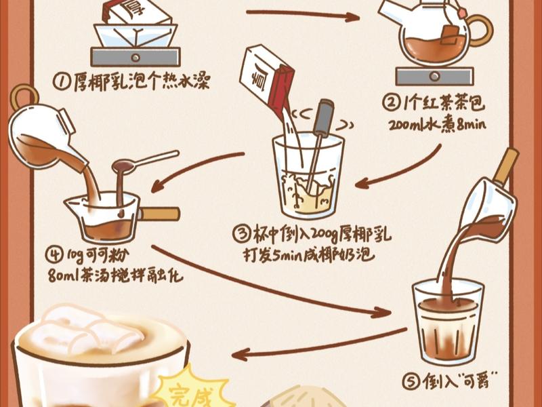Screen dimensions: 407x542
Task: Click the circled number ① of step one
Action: (62, 81)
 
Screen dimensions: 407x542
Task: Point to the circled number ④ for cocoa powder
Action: (54, 256)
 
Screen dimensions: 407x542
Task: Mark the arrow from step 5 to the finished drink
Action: (318, 344)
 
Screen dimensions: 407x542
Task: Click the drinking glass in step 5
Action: (447, 319)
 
